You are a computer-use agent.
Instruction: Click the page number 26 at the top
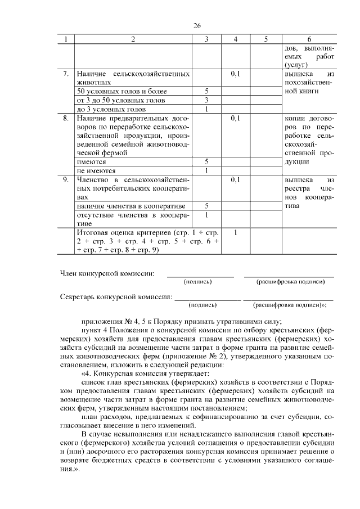[x=197, y=26]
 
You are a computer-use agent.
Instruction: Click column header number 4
[x=236, y=39]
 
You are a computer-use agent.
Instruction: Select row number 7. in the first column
[x=66, y=74]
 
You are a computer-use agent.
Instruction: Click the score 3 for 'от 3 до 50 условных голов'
[x=206, y=100]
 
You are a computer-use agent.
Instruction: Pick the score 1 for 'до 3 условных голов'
[x=206, y=109]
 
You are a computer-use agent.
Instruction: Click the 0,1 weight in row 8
[x=236, y=119]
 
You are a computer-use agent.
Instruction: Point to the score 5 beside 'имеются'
[x=206, y=161]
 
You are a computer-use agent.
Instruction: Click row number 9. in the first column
[x=66, y=180]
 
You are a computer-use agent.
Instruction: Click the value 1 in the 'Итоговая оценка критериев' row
[x=236, y=232]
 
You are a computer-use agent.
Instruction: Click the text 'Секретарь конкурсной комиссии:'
[x=116, y=297]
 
